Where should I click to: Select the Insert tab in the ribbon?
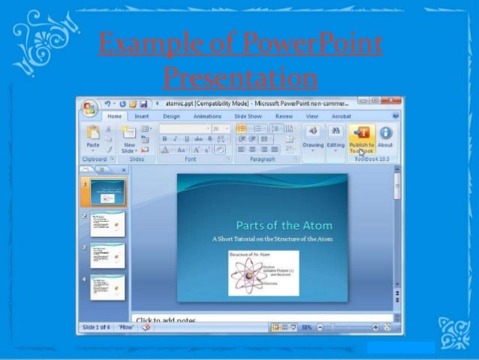[142, 116]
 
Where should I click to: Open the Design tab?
[171, 116]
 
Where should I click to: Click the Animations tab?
[207, 116]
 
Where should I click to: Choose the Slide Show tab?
[247, 116]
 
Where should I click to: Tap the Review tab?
[284, 116]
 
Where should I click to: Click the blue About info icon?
[385, 134]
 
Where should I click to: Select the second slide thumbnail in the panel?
[107, 223]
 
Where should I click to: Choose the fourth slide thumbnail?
[107, 288]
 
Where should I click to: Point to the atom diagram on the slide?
[263, 273]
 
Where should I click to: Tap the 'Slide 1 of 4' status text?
[96, 328]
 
